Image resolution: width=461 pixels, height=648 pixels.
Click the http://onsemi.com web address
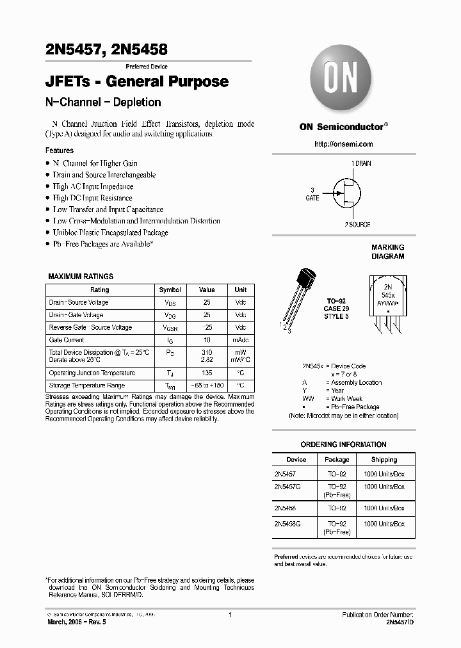click(x=344, y=144)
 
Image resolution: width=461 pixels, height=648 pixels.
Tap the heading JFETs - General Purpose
click(x=137, y=82)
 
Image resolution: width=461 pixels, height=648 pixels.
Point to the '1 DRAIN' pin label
click(x=361, y=164)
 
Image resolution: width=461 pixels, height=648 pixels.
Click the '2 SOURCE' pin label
click(x=357, y=225)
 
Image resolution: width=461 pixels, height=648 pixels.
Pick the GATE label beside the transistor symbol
click(x=312, y=198)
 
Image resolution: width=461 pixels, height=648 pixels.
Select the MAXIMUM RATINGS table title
click(x=81, y=277)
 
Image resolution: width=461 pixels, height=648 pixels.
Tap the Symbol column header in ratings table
click(x=170, y=289)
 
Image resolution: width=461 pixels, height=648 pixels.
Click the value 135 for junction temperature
click(x=207, y=373)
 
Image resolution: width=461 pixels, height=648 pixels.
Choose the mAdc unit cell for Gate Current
click(x=240, y=340)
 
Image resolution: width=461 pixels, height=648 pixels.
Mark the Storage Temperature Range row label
click(x=87, y=385)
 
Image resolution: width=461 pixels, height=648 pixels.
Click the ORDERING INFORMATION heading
click(x=343, y=444)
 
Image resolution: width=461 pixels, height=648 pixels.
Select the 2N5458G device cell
click(x=287, y=524)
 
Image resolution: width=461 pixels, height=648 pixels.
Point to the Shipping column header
click(x=384, y=459)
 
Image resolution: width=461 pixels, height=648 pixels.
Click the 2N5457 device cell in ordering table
click(x=285, y=474)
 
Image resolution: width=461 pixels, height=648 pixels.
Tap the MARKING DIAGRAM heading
click(x=388, y=252)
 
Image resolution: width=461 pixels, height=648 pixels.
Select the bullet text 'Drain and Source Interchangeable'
click(x=104, y=175)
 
